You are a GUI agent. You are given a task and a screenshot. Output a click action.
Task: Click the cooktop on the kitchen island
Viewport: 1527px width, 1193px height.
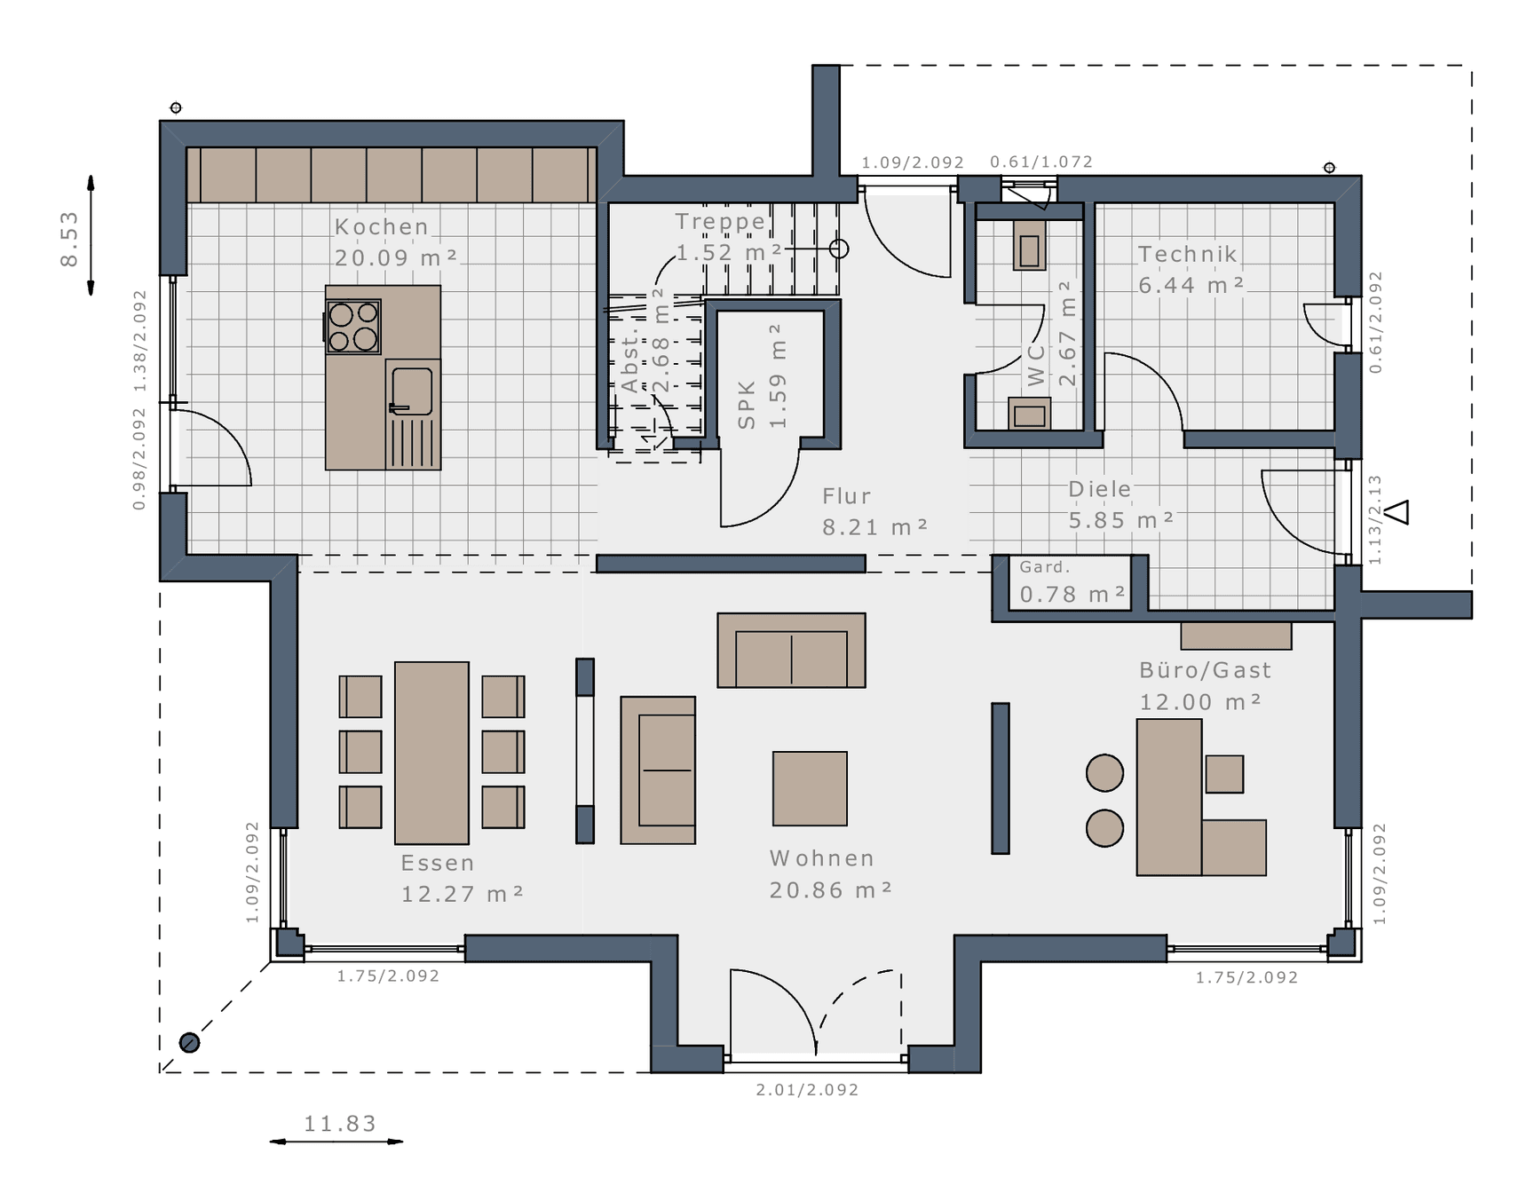[x=353, y=327]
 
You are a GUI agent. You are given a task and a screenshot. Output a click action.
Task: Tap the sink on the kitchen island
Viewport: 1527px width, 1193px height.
[x=412, y=391]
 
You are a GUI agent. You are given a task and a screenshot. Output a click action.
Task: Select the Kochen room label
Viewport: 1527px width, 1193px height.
[x=382, y=227]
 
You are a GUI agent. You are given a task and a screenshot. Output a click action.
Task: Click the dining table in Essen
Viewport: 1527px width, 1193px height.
[x=431, y=753]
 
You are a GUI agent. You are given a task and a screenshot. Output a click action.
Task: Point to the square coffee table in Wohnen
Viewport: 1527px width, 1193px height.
[x=810, y=788]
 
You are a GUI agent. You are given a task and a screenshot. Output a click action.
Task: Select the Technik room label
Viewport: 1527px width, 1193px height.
[x=1188, y=254]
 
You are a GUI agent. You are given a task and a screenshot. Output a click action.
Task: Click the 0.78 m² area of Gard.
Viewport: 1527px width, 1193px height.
[x=1072, y=594]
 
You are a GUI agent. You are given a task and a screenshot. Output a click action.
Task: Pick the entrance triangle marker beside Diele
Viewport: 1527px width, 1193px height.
[x=1397, y=512]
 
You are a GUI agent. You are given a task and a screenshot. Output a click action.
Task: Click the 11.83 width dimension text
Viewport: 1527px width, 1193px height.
[x=341, y=1124]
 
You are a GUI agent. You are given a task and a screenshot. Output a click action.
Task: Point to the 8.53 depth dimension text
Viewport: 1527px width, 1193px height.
[x=69, y=238]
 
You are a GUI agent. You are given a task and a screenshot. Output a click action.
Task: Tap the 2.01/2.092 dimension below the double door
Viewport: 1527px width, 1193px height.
[x=808, y=1089]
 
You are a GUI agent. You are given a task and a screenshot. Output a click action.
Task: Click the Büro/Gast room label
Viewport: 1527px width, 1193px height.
[x=1206, y=670]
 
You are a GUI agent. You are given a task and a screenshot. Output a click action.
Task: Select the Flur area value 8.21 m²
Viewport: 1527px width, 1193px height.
[x=875, y=527]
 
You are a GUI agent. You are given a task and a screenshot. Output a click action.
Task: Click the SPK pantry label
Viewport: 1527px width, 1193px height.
[x=747, y=405]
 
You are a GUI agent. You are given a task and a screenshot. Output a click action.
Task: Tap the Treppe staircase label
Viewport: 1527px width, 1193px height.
[x=720, y=221]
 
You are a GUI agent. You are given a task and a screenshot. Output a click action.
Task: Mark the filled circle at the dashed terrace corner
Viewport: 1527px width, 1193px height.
[x=189, y=1043]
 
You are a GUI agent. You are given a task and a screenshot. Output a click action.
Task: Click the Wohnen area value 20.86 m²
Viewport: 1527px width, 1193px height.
[x=831, y=889]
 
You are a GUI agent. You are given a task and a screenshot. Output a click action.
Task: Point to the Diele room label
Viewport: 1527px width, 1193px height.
[x=1100, y=489]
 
